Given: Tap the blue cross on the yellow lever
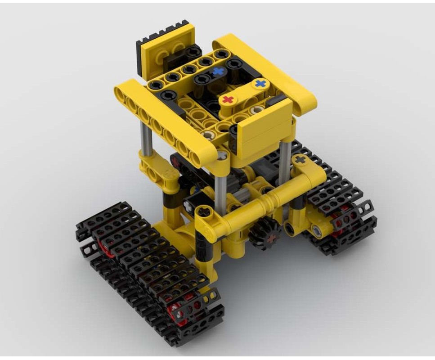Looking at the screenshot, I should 260,84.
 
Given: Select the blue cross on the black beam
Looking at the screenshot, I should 219,71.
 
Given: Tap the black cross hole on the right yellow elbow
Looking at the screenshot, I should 300,159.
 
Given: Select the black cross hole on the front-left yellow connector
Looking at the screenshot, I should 205,211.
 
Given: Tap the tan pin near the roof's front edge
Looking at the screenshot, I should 207,134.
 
